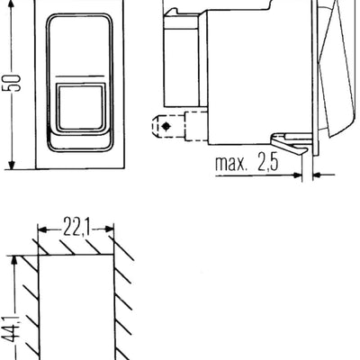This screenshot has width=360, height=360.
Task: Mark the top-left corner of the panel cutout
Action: pos(39,256)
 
